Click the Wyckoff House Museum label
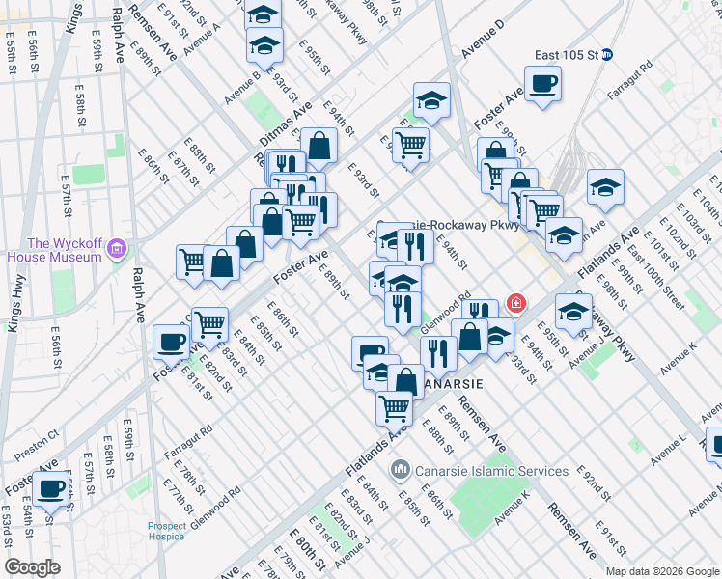point(54,250)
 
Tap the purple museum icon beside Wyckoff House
point(118,250)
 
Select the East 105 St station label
point(566,55)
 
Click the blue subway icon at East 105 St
point(607,55)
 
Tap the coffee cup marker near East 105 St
point(542,83)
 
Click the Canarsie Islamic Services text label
point(491,471)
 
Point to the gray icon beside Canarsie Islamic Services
point(400,471)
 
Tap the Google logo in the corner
point(32,566)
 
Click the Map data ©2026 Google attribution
point(662,571)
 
